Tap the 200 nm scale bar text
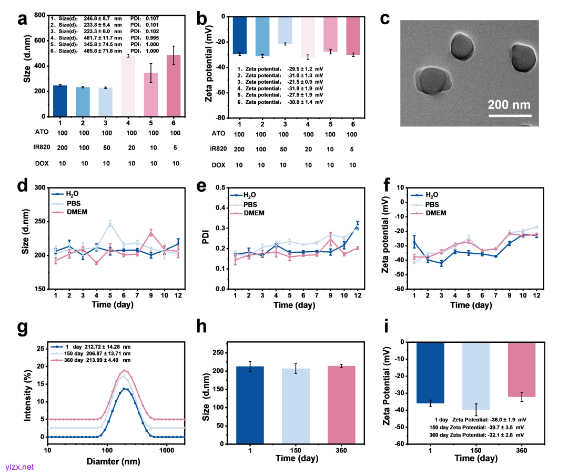pos(509,104)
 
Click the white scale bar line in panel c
pos(510,115)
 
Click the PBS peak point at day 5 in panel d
pos(110,223)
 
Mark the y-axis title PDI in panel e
pos(205,239)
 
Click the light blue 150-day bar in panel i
pos(476,376)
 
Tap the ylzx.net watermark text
pos(19,467)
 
